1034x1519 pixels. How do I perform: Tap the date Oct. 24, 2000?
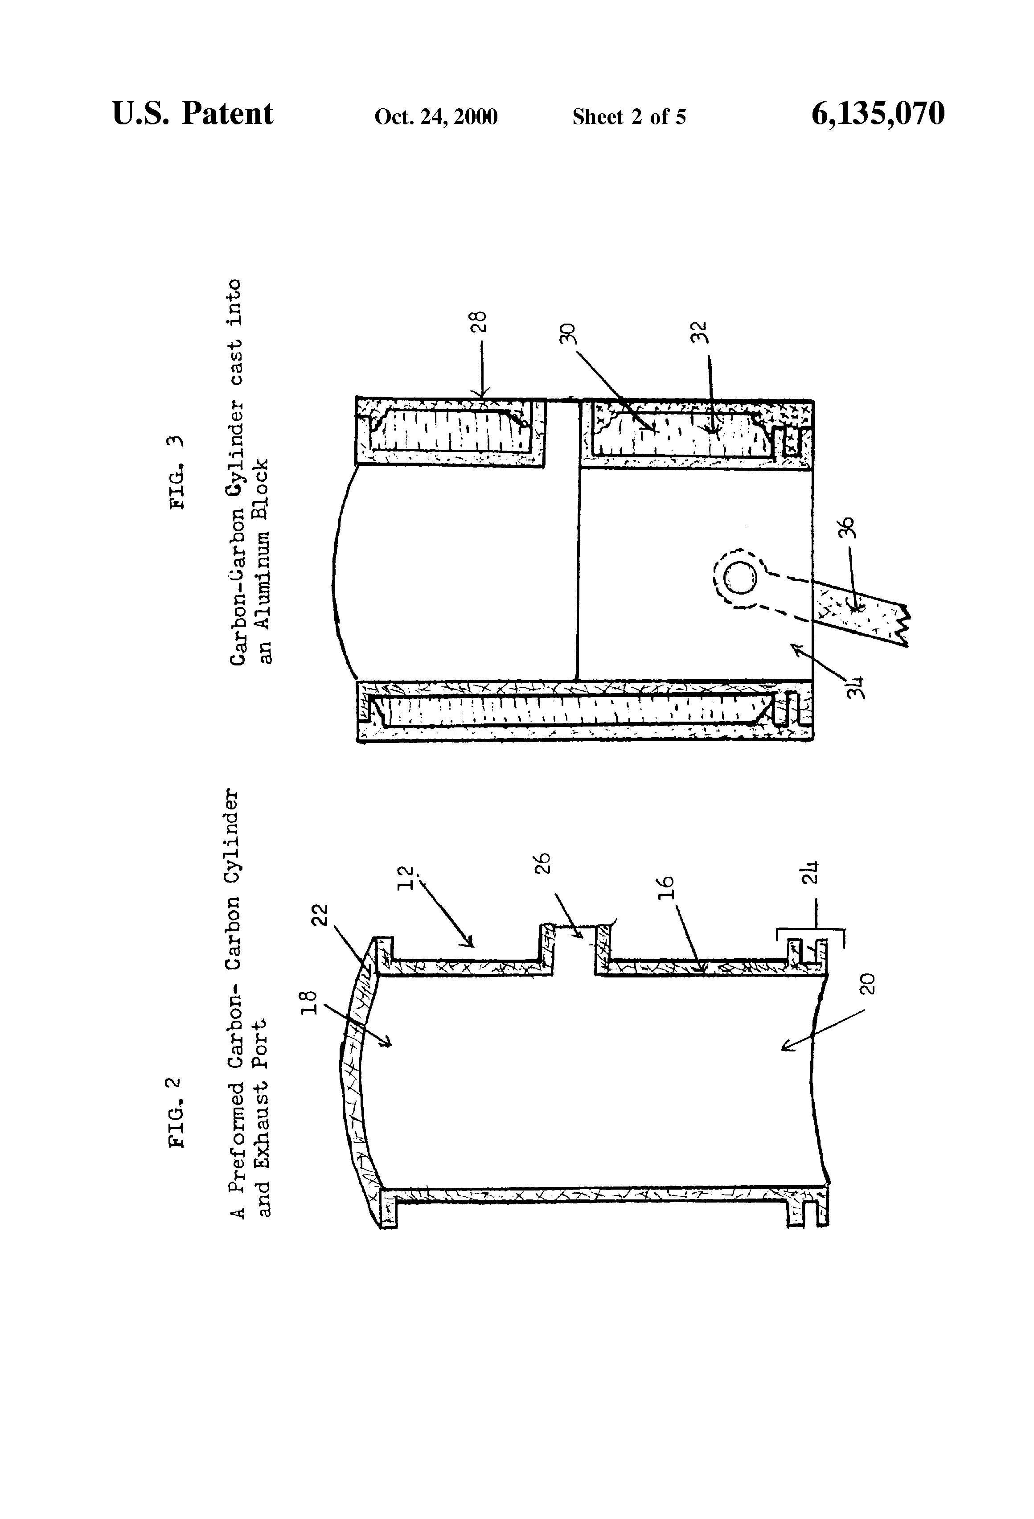coord(436,117)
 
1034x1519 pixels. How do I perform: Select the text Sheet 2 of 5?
coord(629,117)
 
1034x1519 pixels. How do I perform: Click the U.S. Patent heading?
coord(193,114)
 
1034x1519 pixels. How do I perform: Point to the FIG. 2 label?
coord(177,1112)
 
